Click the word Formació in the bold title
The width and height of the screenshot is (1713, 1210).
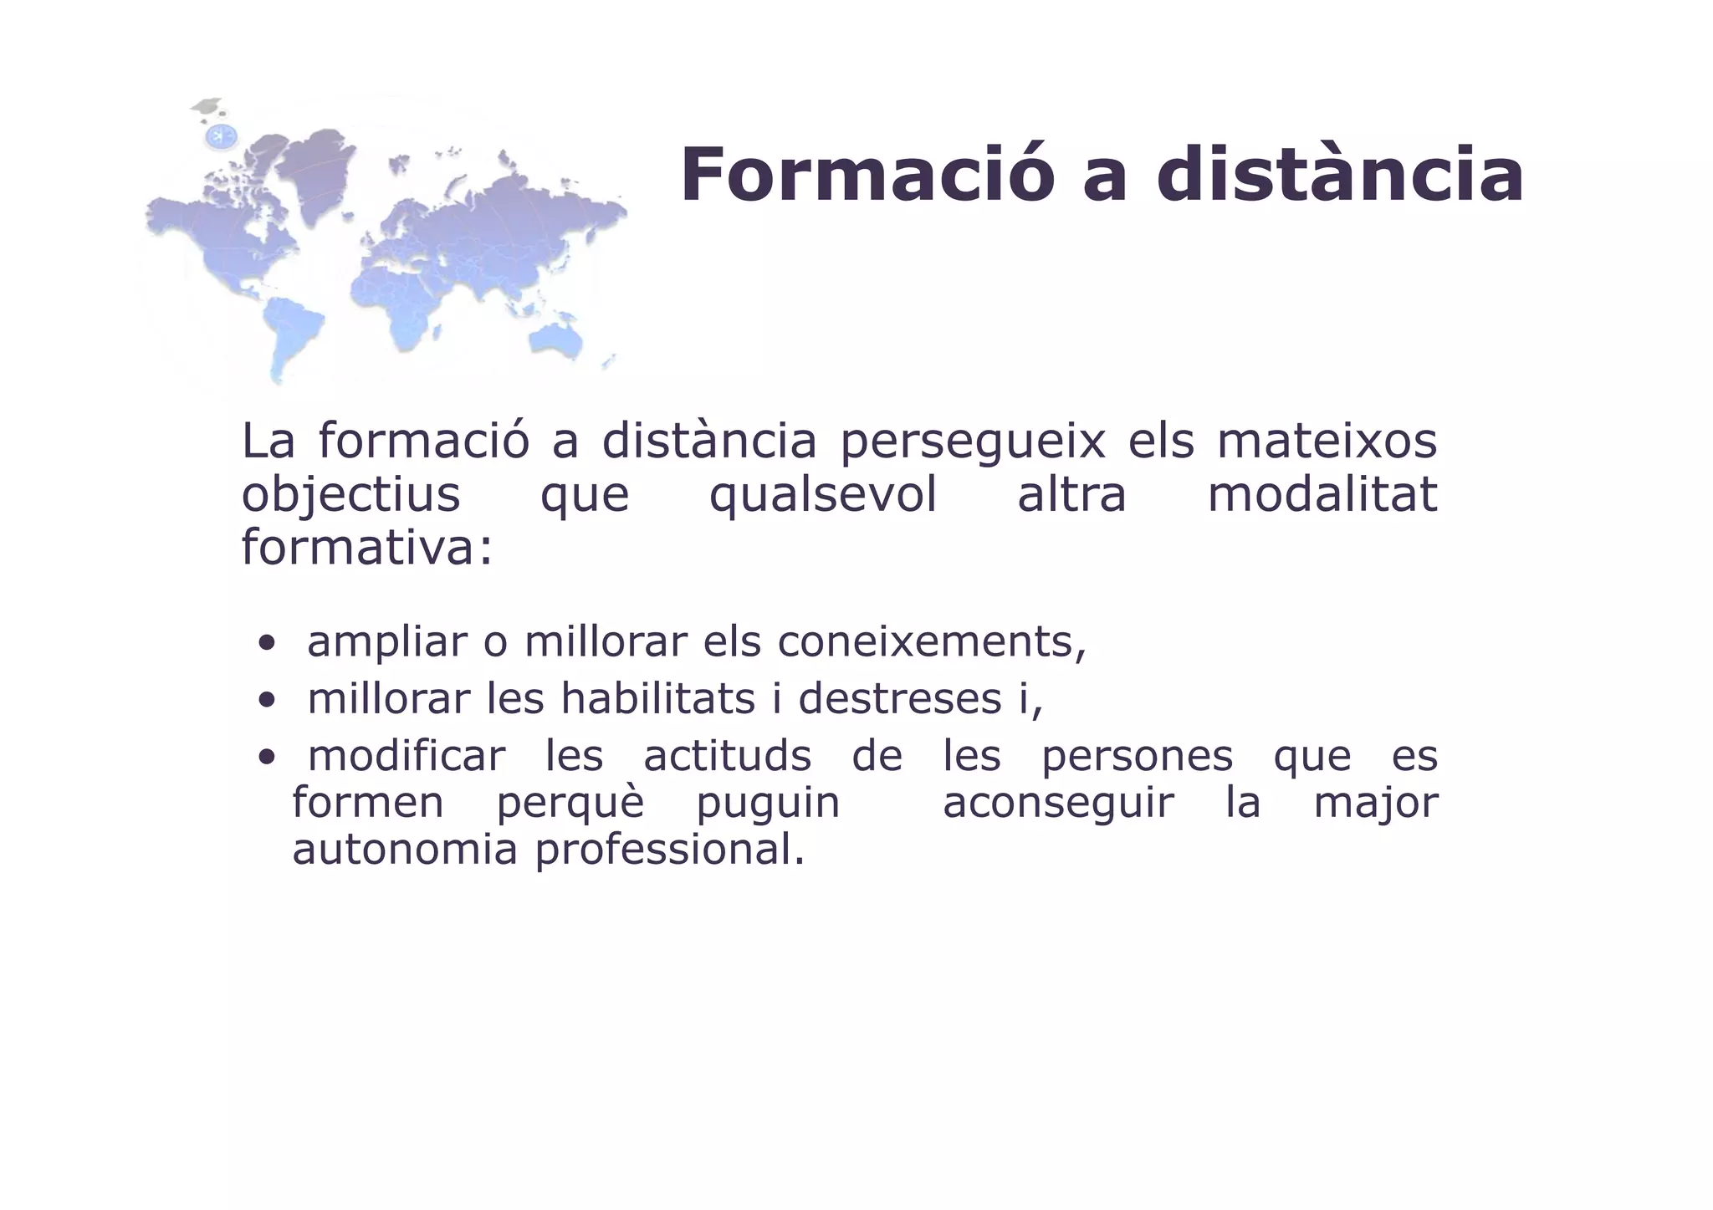(x=867, y=176)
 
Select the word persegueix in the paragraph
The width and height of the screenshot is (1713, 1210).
(x=973, y=442)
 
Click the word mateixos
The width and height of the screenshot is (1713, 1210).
(x=1327, y=442)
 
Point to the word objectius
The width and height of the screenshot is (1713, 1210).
(x=350, y=495)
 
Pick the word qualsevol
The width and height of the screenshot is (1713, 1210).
(x=823, y=495)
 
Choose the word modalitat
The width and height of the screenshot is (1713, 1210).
(x=1322, y=495)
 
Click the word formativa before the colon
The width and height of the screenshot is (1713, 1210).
(x=360, y=549)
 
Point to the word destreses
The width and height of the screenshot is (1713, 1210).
(x=899, y=699)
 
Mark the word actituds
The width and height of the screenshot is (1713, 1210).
(x=727, y=756)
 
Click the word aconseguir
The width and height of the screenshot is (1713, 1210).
(x=1058, y=804)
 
